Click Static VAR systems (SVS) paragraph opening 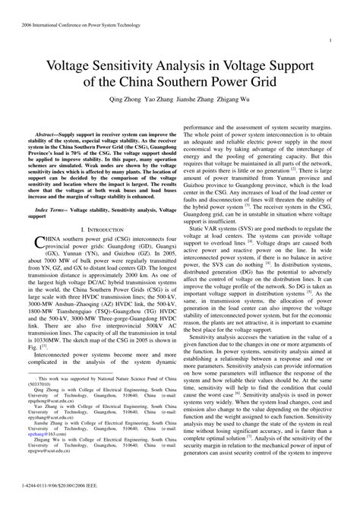[220, 207]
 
